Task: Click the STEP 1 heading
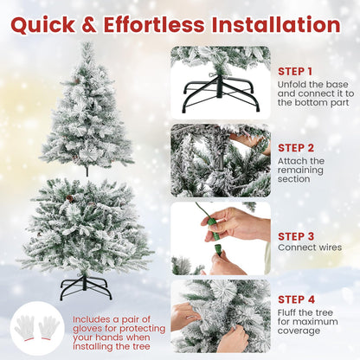pyautogui.click(x=295, y=70)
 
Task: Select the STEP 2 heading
pyautogui.click(x=296, y=147)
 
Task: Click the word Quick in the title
pyautogui.click(x=57, y=23)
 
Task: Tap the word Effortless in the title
pyautogui.click(x=170, y=23)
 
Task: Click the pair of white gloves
pyautogui.click(x=37, y=329)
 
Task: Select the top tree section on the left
pyautogui.click(x=87, y=112)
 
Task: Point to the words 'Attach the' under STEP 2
pyautogui.click(x=301, y=161)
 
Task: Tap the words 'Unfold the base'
pyautogui.click(x=309, y=84)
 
